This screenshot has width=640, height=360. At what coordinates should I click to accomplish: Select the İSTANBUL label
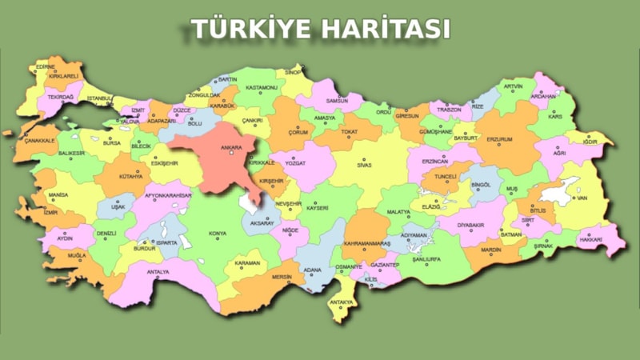[x=100, y=98]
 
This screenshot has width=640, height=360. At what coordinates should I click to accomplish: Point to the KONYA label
[x=217, y=234]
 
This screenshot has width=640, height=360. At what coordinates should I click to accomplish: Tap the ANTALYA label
[x=158, y=272]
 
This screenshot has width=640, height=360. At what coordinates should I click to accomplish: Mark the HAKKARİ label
[x=590, y=239]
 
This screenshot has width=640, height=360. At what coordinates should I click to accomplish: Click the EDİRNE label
[x=46, y=66]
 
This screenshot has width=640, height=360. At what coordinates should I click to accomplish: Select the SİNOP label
[x=293, y=72]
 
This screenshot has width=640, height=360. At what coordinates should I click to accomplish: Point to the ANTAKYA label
[x=341, y=302]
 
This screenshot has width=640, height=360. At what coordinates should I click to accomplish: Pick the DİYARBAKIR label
[x=471, y=225]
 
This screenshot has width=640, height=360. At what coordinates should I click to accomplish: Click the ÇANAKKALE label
[x=39, y=140]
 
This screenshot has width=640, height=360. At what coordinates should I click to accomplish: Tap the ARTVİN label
[x=513, y=86]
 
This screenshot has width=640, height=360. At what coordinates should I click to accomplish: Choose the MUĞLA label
[x=77, y=256]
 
